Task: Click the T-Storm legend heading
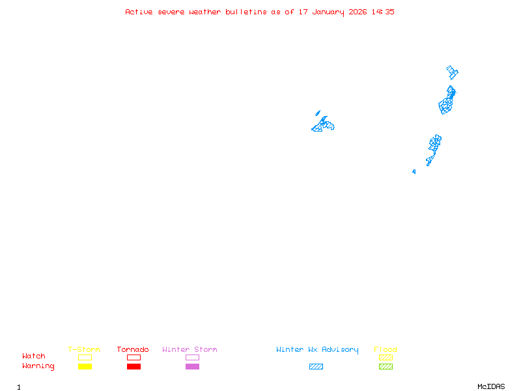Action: coord(84,350)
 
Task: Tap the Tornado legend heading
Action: coord(133,350)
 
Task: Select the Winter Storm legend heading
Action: coord(190,350)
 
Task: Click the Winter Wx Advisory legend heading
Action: coord(317,350)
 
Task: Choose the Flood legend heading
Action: coord(386,350)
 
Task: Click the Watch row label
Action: coord(34,356)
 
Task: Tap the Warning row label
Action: coord(38,366)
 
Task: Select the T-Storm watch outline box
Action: coord(85,357)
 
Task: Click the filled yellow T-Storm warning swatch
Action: coord(85,367)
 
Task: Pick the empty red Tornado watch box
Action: coord(134,357)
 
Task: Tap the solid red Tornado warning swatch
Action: coord(134,367)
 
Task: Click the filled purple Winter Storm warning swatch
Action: coord(192,367)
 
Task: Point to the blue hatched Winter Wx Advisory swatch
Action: coord(316,367)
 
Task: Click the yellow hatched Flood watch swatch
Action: coord(386,357)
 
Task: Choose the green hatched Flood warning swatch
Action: coord(386,367)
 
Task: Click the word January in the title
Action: coord(331,12)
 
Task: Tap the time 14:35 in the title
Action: coord(383,12)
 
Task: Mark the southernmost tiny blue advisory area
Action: coord(414,171)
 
